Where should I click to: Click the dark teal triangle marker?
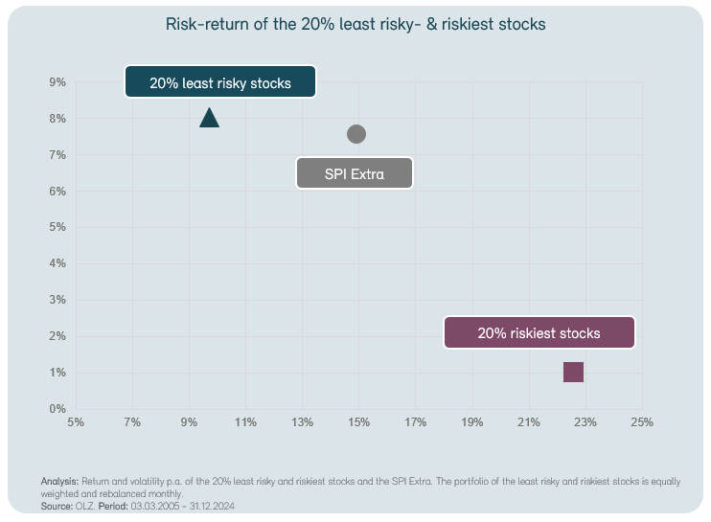210,118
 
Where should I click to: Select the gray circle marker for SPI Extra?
356,134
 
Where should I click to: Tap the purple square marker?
573,372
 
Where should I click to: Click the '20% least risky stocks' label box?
220,83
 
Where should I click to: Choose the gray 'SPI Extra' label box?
355,174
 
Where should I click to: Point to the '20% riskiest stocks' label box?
539,333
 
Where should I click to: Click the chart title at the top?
355,24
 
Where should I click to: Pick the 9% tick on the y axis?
57,82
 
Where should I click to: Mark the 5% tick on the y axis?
57,227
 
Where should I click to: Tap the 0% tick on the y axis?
57,409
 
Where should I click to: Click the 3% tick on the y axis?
57,300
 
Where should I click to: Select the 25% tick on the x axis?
641,421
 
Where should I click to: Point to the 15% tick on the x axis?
358,421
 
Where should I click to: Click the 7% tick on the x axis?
132,421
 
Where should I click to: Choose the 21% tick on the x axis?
528,421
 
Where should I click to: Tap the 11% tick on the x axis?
245,421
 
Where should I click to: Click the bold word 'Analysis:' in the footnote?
59,481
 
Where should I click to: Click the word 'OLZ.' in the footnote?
85,505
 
